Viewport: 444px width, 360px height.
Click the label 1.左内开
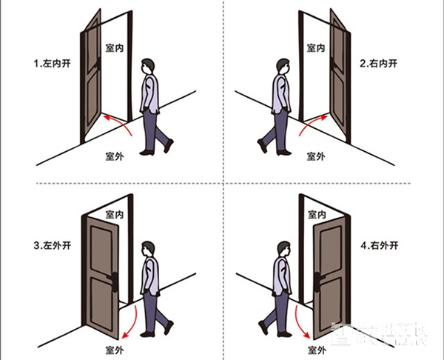click(x=50, y=64)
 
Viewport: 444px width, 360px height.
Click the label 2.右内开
click(x=378, y=64)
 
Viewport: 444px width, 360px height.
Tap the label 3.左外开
click(x=50, y=245)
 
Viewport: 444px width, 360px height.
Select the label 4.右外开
click(x=379, y=245)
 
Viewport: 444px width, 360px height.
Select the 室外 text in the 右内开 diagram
click(x=316, y=156)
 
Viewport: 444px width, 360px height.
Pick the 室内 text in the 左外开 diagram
click(x=115, y=214)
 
